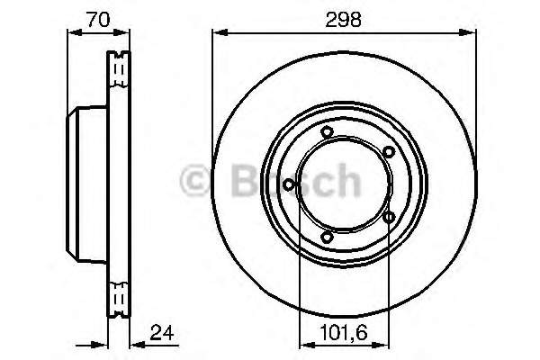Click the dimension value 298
344,19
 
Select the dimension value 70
98,19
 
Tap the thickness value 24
162,333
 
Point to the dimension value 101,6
344,333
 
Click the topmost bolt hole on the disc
327,132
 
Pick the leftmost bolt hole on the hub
289,185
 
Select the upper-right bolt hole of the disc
389,151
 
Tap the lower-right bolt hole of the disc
389,217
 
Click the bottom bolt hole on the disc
327,237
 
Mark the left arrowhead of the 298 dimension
220,32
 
